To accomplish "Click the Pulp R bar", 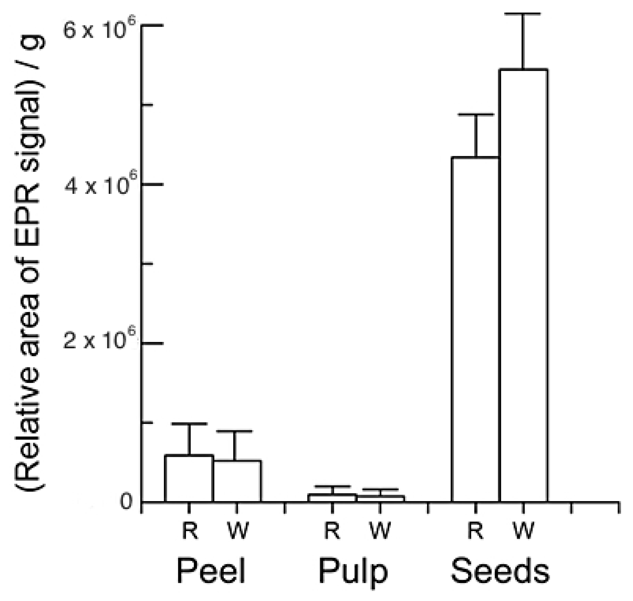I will (x=332, y=498).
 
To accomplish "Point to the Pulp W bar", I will (x=380, y=498).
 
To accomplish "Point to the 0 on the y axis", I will (x=126, y=502).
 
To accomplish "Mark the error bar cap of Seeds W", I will (x=523, y=14).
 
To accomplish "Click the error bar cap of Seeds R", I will (x=476, y=114).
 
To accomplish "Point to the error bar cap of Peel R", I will (x=190, y=424).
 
